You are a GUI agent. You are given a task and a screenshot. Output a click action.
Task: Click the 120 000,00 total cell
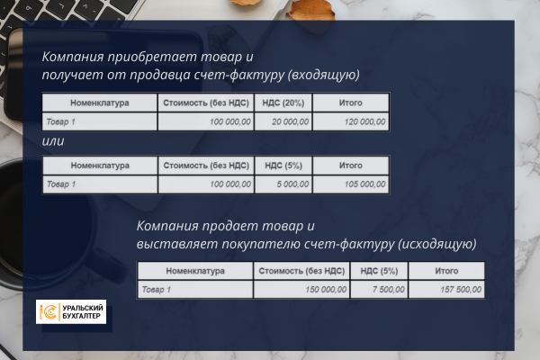tap(351, 121)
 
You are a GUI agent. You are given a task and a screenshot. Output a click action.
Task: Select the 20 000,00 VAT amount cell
tap(283, 121)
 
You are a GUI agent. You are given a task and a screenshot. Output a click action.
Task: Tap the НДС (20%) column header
tap(283, 103)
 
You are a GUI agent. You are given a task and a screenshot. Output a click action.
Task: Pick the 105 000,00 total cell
tap(351, 184)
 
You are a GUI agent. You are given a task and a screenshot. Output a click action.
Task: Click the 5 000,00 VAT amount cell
tap(283, 184)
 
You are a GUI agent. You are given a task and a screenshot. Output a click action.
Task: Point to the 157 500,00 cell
tap(446, 290)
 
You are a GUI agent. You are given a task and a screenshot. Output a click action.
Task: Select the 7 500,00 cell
tap(379, 290)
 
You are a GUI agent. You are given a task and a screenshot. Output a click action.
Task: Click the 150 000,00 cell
tap(301, 290)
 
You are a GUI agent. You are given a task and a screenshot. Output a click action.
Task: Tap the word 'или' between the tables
tap(53, 141)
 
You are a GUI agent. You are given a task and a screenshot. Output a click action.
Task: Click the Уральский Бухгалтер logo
tap(71, 311)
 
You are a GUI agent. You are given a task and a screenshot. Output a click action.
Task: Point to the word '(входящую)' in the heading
tap(324, 75)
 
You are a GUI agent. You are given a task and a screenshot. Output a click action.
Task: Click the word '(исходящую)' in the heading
tap(437, 244)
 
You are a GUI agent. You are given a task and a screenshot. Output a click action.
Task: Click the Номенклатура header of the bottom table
tap(195, 271)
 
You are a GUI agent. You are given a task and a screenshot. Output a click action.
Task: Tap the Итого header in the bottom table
tap(446, 271)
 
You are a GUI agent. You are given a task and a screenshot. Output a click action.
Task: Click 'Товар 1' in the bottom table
tap(157, 290)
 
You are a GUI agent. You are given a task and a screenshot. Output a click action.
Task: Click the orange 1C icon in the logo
tap(49, 311)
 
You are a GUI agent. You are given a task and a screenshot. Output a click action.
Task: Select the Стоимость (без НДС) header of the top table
tap(206, 103)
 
